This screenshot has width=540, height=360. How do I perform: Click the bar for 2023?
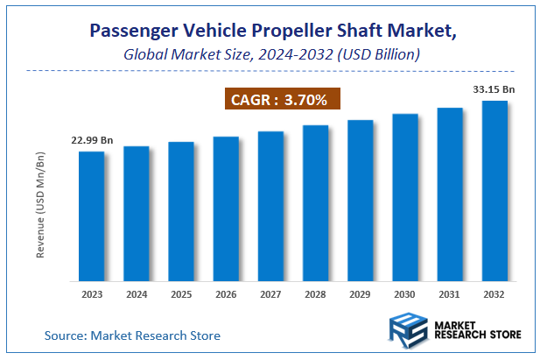[91, 216]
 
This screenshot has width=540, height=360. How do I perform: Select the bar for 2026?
[226, 209]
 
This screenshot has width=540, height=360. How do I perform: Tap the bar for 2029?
[360, 201]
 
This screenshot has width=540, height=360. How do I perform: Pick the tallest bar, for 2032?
[494, 191]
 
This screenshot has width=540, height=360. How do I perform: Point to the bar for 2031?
[450, 194]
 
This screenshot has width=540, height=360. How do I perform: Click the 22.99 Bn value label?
[92, 140]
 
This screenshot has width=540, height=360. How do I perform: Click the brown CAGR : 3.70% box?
[278, 100]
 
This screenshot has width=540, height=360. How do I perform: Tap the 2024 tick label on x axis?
[136, 295]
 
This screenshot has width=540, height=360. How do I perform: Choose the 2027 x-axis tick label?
[270, 295]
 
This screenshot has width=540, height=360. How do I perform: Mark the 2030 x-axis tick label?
[405, 295]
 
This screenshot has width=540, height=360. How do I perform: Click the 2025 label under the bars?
[181, 295]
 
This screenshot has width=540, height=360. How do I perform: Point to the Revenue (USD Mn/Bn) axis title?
[40, 206]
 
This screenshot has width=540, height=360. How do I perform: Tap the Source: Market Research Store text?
[132, 335]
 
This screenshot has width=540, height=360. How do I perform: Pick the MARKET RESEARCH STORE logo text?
[477, 334]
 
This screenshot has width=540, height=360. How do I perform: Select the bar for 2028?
[315, 203]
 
